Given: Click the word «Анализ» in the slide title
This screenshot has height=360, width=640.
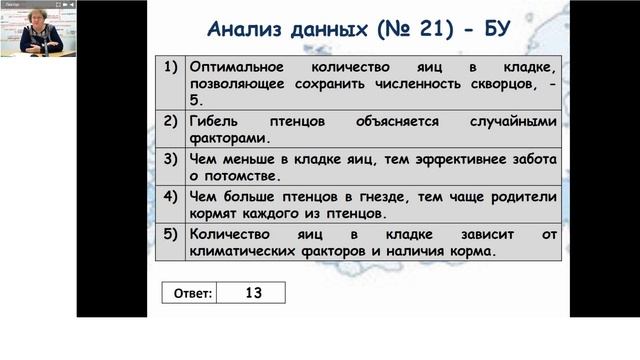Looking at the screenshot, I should pos(244,25).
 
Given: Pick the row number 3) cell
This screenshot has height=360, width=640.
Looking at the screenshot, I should pos(170,157).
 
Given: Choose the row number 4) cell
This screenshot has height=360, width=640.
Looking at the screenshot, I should pos(170,194).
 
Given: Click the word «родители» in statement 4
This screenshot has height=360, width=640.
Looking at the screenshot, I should pos(521,195).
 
